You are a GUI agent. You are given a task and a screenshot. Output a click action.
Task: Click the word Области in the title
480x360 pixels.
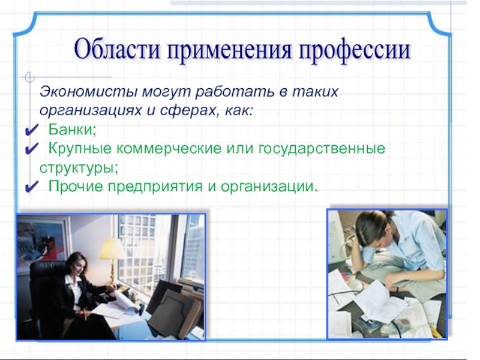pos(116,50)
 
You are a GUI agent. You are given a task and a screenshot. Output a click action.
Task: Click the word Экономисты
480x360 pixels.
pos(88,91)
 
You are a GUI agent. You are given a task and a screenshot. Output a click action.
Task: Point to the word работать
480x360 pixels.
pos(235,91)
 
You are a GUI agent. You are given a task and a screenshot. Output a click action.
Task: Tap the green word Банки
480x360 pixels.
pos(72,129)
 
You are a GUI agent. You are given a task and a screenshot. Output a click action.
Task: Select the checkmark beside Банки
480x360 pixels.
pos(31,130)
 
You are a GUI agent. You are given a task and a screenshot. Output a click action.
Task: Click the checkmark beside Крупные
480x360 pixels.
pos(31,149)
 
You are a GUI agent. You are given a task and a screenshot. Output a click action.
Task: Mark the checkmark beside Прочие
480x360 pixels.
pos(31,187)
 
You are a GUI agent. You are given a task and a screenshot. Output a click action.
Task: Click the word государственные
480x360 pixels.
pos(322,149)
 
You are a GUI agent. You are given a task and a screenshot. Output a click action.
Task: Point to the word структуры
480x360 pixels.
pos(79,169)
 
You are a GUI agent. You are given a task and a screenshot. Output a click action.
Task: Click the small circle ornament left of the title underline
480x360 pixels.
pos(29,77)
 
